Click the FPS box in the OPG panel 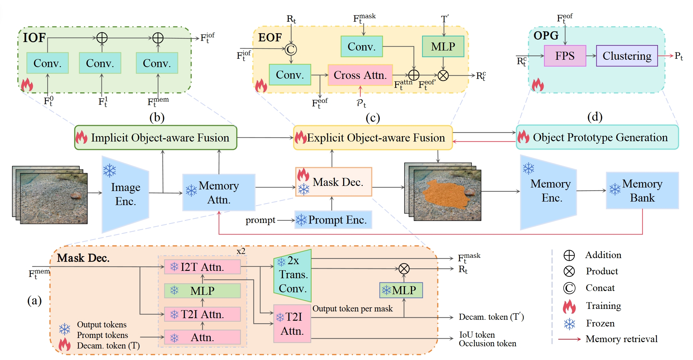pos(565,56)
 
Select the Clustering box pos(627,56)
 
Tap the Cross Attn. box pos(360,75)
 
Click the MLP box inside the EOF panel pos(443,47)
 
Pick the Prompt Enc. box pos(333,220)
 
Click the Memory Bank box pos(642,191)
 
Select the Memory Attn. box pos(219,192)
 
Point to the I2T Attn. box pos(202,267)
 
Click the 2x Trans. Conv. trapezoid pos(293,275)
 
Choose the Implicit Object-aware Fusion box pos(156,138)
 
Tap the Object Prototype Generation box pos(597,137)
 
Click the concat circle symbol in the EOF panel pos(291,49)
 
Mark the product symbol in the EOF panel pos(443,75)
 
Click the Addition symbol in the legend pos(569,255)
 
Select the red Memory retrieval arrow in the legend pos(569,339)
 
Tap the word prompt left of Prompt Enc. pos(260,220)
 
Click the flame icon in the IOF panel pos(27,85)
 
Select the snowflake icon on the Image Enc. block pos(109,171)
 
